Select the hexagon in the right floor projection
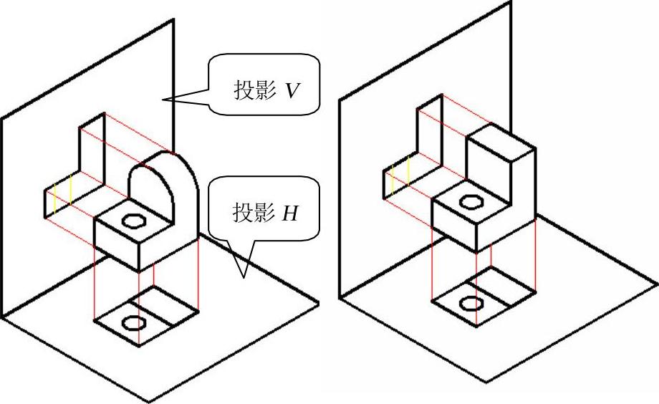click(x=471, y=302)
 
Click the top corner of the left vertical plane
click(x=173, y=19)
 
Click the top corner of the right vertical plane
click(x=511, y=1)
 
